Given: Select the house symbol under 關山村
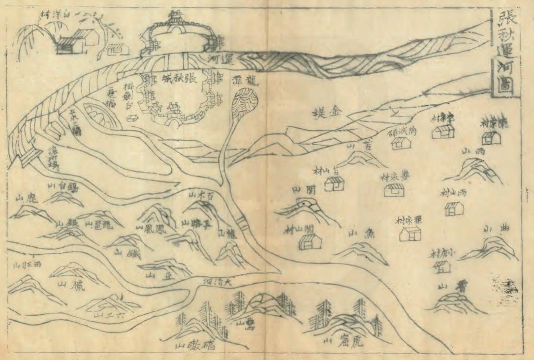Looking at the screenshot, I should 311,241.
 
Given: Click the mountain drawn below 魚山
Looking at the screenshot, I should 362,251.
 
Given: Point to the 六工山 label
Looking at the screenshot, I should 106,314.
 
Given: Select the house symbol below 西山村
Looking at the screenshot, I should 454,209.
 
